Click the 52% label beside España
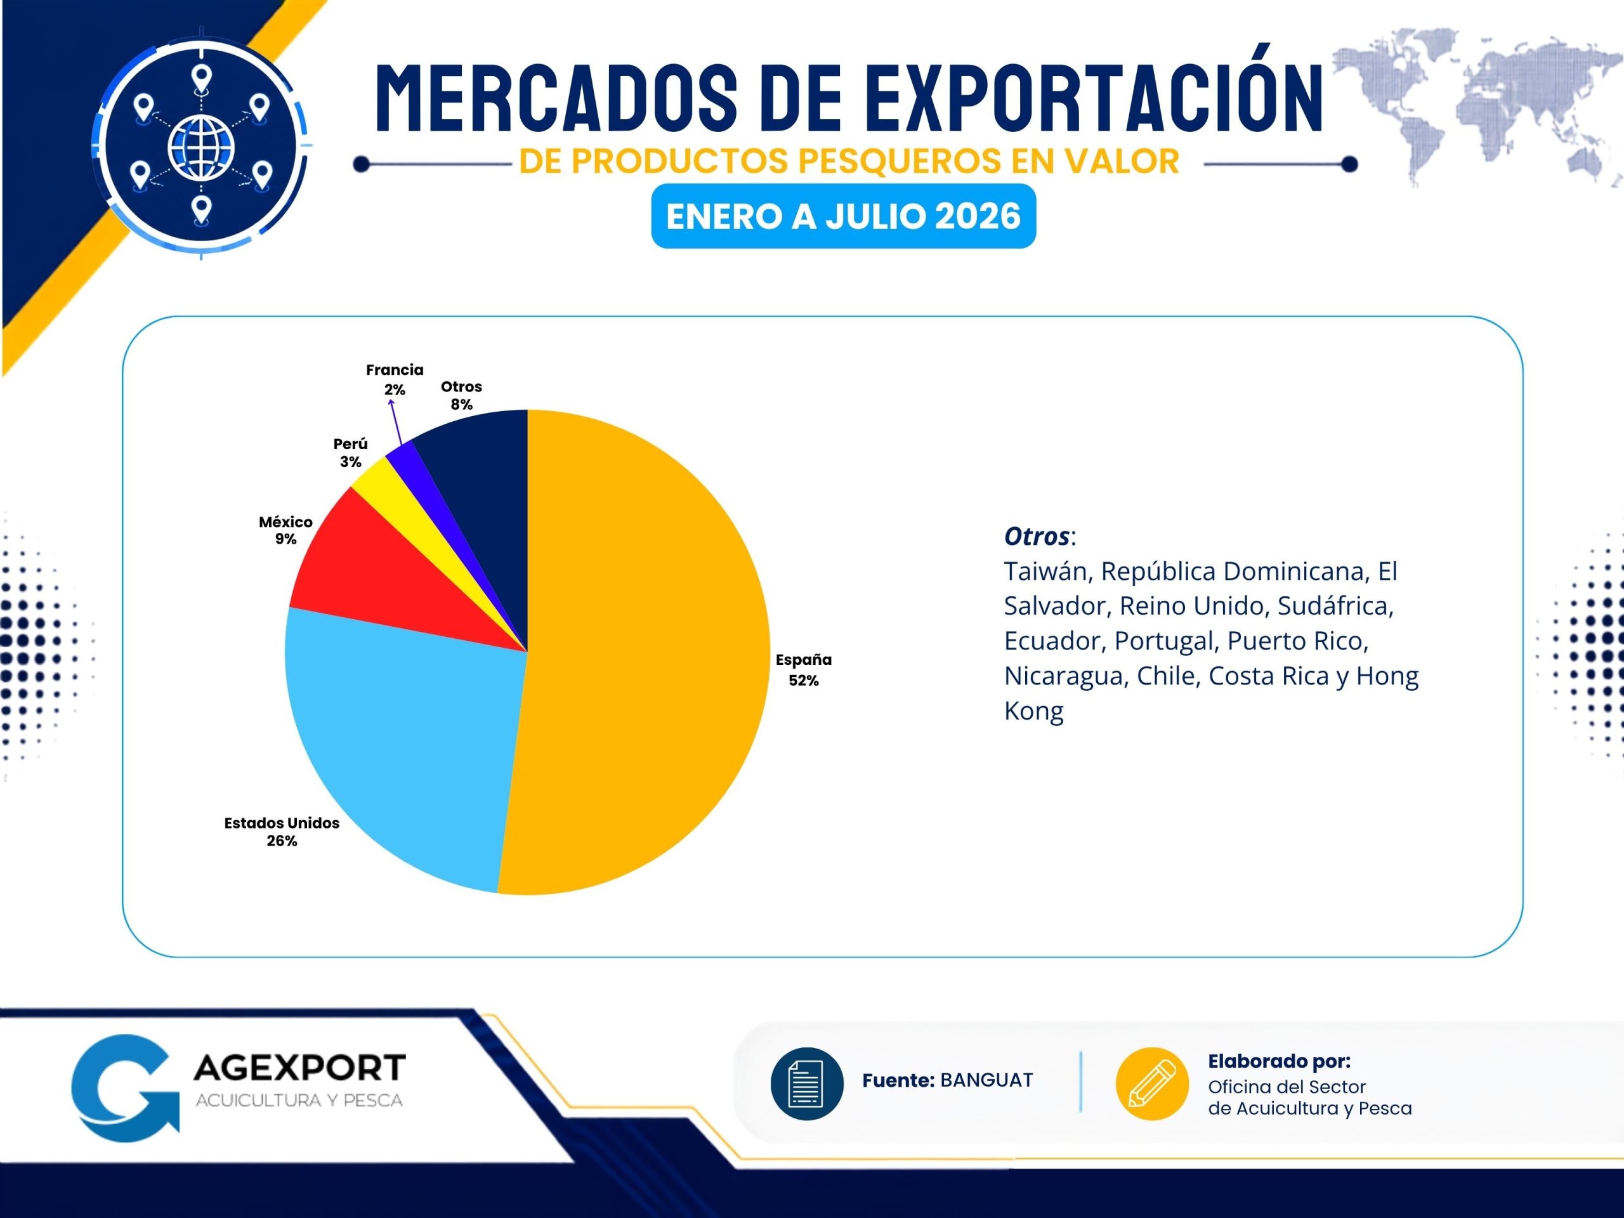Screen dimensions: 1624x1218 pos(803,681)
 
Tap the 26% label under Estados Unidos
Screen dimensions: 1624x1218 pos(282,841)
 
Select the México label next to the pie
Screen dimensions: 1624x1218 pos(285,522)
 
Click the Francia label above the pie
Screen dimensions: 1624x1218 pos(395,370)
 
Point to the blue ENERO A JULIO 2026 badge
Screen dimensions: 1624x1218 pos(844,216)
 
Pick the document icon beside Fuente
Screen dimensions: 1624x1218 pos(806,1084)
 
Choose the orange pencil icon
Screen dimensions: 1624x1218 pos(1152,1084)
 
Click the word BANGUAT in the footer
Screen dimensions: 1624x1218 pos(986,1080)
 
